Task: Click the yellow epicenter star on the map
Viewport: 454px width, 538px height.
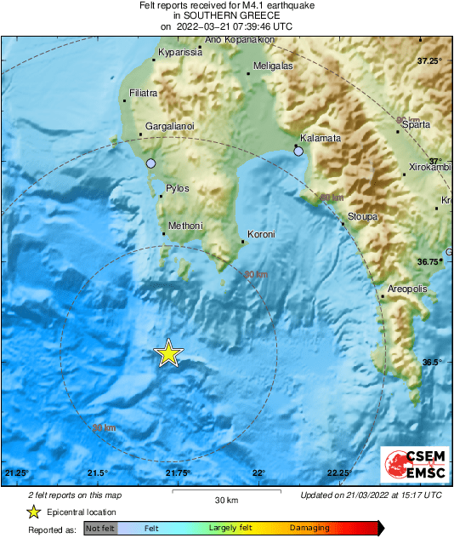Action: pyautogui.click(x=168, y=352)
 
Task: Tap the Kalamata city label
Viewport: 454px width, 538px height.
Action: pyautogui.click(x=321, y=138)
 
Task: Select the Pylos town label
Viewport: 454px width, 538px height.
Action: pyautogui.click(x=178, y=189)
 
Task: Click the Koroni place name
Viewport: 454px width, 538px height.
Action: pyautogui.click(x=261, y=234)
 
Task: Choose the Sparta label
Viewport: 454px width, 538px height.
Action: pyautogui.click(x=416, y=124)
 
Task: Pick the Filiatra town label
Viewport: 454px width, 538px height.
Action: pyautogui.click(x=142, y=92)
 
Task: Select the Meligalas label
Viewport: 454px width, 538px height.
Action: pyautogui.click(x=273, y=66)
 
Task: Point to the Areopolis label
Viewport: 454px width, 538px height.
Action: pyautogui.click(x=407, y=290)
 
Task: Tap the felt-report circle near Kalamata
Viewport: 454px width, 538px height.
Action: pyautogui.click(x=298, y=152)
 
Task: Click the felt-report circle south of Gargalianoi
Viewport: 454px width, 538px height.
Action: pyautogui.click(x=151, y=163)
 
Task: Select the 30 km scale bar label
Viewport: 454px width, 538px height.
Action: pyautogui.click(x=226, y=500)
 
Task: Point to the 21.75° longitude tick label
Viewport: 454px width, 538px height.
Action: pyautogui.click(x=178, y=473)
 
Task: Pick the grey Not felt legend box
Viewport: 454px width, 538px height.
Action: pyautogui.click(x=100, y=529)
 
